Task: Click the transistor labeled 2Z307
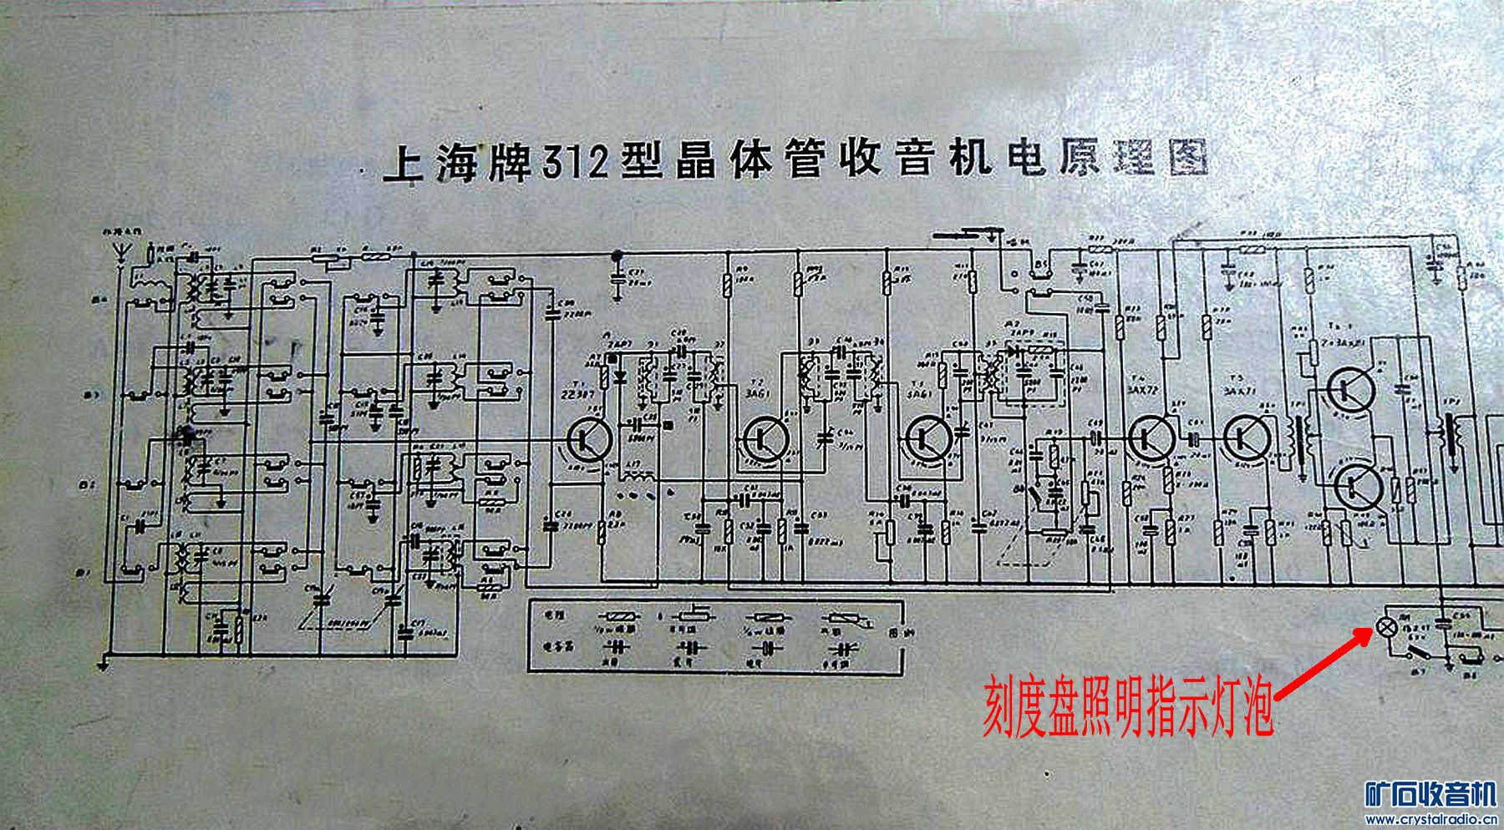(590, 438)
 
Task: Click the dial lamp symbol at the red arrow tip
(1385, 627)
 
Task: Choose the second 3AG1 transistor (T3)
(928, 437)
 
